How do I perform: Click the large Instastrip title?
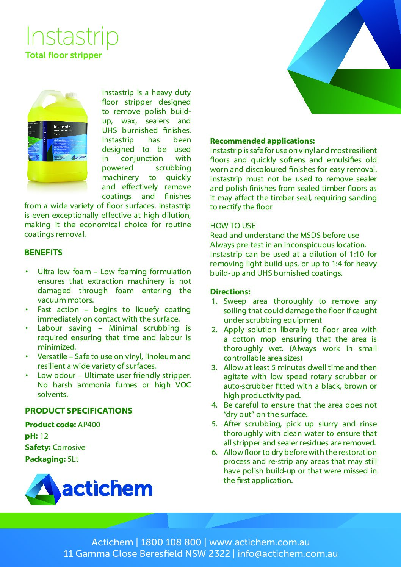tap(72, 36)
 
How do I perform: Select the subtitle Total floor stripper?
tap(64, 55)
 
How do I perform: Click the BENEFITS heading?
tap(43, 253)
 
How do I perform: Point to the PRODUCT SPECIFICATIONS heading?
tap(78, 411)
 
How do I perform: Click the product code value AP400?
tap(89, 425)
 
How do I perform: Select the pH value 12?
tap(44, 436)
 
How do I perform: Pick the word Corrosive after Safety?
tap(69, 447)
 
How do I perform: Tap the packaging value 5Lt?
tap(73, 459)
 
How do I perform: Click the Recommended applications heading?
tap(262, 141)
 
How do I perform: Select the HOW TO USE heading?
tap(233, 226)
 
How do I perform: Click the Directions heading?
tap(230, 292)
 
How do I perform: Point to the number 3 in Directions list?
tap(214, 367)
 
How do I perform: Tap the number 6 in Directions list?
tap(214, 452)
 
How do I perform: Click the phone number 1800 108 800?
tap(171, 542)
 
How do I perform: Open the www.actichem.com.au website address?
tap(259, 542)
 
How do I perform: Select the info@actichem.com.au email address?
tap(288, 554)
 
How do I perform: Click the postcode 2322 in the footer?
tap(219, 554)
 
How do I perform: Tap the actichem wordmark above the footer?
tap(107, 489)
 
